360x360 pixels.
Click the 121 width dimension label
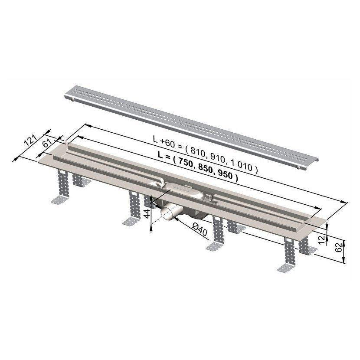(x=30, y=140)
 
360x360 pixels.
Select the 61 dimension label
(x=47, y=144)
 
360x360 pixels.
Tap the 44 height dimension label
(x=147, y=213)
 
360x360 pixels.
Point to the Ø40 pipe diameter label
(x=200, y=229)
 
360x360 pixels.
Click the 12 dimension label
(x=322, y=240)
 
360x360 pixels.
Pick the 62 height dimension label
(x=339, y=247)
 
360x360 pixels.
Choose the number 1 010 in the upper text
(x=242, y=165)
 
